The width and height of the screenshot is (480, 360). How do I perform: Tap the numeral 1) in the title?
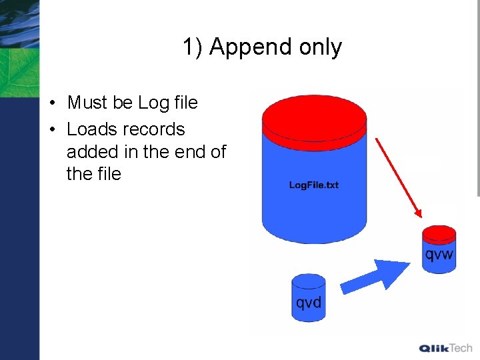click(x=193, y=47)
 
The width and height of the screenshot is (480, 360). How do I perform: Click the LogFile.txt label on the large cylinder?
click(x=313, y=185)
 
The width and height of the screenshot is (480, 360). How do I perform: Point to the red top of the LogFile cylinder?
click(x=314, y=119)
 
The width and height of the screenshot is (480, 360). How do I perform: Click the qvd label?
click(x=309, y=303)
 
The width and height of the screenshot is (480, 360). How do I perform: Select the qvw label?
click(x=439, y=254)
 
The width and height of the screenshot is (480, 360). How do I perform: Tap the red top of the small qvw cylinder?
click(x=439, y=233)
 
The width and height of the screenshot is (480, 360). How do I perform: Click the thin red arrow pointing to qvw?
click(x=398, y=177)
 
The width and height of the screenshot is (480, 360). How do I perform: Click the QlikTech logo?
click(x=445, y=347)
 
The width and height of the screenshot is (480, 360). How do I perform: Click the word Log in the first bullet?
click(x=152, y=103)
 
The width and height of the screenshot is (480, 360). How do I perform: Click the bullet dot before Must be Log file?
click(x=51, y=103)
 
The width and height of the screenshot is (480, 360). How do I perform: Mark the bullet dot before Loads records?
click(x=51, y=129)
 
